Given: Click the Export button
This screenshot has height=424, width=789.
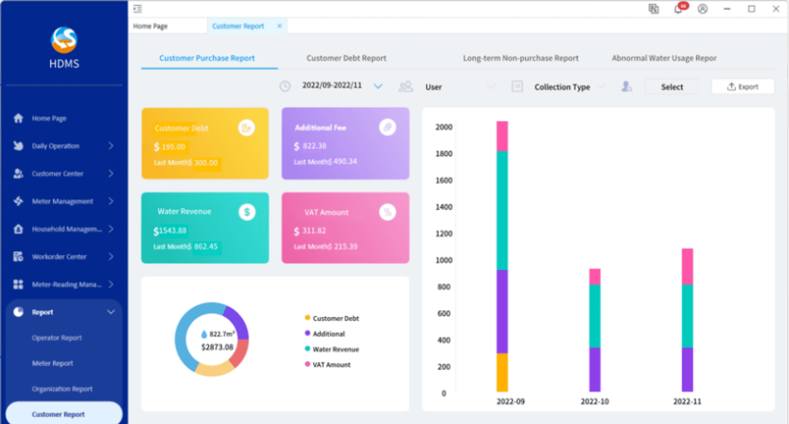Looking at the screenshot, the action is (x=743, y=87).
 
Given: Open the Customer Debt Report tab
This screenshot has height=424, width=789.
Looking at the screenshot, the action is (x=346, y=58).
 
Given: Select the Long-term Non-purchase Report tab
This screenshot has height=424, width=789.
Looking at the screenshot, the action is (x=521, y=58).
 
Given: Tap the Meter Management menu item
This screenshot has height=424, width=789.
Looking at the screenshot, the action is (x=62, y=201).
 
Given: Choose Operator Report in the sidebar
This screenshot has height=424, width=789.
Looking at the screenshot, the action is (x=57, y=338).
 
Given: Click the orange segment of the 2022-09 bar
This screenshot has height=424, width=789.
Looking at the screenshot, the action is (x=502, y=372).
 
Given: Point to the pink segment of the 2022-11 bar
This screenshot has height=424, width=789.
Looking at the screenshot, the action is (x=687, y=267).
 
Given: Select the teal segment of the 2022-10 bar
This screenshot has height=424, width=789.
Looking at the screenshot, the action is (x=595, y=316).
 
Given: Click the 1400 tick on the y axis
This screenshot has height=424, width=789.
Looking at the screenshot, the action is (x=444, y=207).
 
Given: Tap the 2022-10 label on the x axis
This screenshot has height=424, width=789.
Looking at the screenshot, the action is (x=595, y=401).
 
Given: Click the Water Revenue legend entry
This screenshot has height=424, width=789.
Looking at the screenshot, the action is (x=332, y=349).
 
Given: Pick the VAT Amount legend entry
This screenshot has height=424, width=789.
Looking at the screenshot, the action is (x=327, y=364).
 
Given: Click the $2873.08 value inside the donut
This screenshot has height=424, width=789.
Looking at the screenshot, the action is (x=217, y=347).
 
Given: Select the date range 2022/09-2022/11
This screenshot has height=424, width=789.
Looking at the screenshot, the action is (x=332, y=86).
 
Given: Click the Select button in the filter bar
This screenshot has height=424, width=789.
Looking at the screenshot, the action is (x=672, y=87).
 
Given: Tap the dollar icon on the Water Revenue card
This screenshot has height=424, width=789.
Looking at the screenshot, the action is (x=247, y=212).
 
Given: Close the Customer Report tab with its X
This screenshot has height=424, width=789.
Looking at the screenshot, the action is (x=279, y=26).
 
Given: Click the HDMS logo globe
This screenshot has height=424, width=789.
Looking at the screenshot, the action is (x=64, y=40).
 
